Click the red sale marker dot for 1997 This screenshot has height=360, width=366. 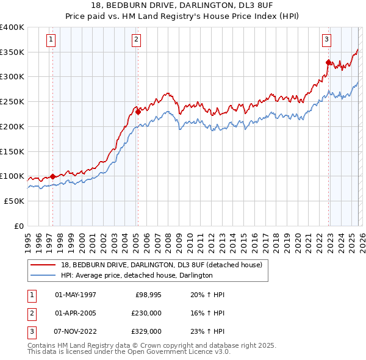tap(52, 176)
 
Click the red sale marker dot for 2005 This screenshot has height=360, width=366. tap(138, 111)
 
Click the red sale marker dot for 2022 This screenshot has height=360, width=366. tap(328, 62)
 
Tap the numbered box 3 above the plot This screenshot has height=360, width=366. tap(326, 40)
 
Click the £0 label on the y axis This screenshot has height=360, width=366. tap(19, 226)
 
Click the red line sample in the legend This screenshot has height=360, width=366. tap(44, 265)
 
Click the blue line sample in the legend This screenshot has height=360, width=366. tap(44, 275)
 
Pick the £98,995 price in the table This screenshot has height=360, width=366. tap(146, 295)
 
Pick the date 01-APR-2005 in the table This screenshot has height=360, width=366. tap(76, 313)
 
